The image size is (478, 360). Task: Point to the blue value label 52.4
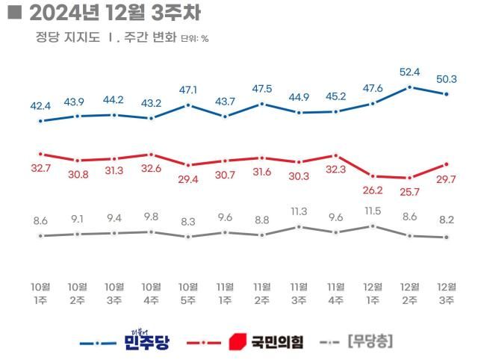[409, 72]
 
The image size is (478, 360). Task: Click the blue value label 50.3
[447, 78]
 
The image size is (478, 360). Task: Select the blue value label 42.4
[41, 105]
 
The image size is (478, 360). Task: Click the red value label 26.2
[373, 190]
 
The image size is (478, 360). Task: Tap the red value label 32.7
[41, 169]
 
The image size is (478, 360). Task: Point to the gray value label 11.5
[373, 211]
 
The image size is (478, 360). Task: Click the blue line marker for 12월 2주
[409, 87]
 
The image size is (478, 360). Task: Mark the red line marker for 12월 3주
[447, 164]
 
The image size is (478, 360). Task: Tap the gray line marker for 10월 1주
[41, 236]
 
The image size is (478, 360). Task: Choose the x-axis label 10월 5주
[188, 294]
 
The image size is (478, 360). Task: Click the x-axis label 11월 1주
[225, 294]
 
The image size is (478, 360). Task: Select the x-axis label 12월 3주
[447, 294]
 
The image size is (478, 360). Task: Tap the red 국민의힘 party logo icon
[237, 342]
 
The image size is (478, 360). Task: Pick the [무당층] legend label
[370, 342]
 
